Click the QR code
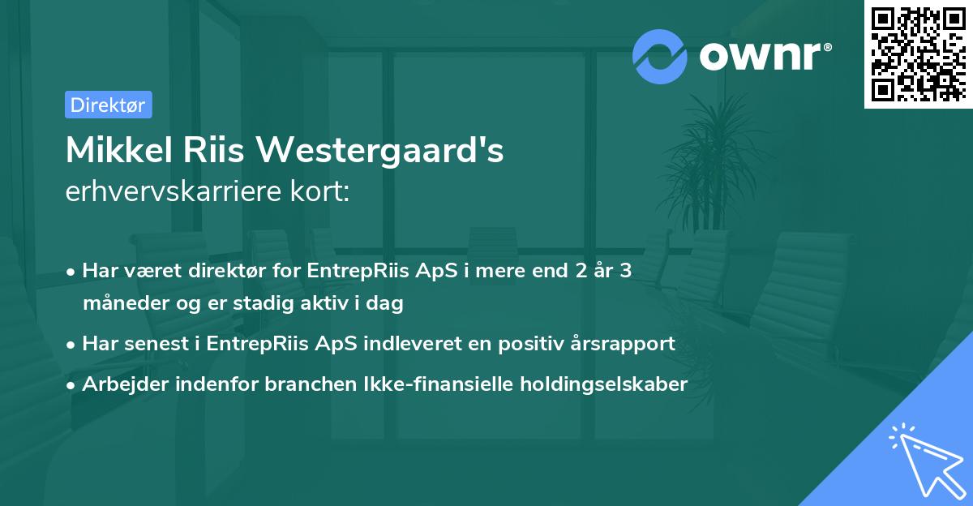[x=918, y=54]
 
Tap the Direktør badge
[x=108, y=105]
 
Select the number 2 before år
[x=580, y=271]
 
